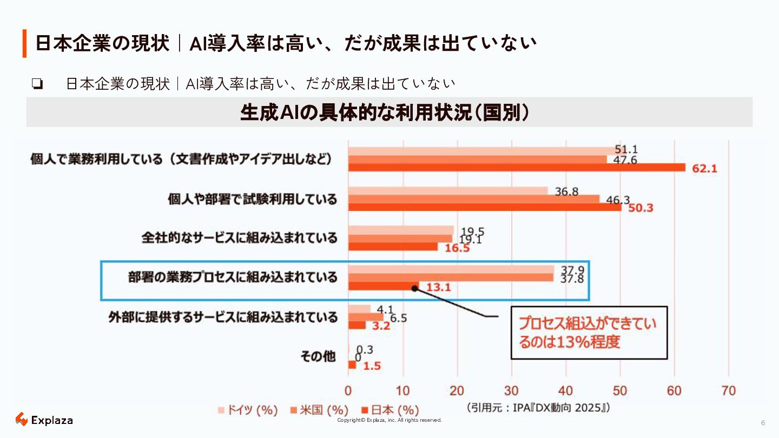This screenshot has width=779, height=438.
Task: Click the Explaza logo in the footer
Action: tap(44, 420)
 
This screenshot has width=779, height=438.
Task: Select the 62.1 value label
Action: tap(704, 168)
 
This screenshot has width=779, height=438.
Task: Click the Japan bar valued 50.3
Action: tap(484, 207)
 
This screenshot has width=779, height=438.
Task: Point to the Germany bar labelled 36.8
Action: tap(447, 191)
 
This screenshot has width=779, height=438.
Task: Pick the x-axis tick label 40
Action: tap(566, 390)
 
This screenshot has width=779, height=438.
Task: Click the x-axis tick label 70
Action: tap(729, 390)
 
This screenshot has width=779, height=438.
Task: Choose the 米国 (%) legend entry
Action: tap(320, 410)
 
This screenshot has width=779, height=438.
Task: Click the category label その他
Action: tap(318, 357)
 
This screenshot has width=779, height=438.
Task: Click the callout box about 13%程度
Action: tap(589, 333)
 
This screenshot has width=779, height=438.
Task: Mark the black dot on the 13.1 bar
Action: tap(414, 288)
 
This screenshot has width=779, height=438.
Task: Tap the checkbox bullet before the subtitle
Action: tap(37, 84)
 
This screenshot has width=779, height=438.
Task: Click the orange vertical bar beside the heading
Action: tap(24, 43)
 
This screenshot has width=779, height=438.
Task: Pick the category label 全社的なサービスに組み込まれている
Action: tap(240, 238)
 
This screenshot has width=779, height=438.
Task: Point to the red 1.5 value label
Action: tap(372, 366)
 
